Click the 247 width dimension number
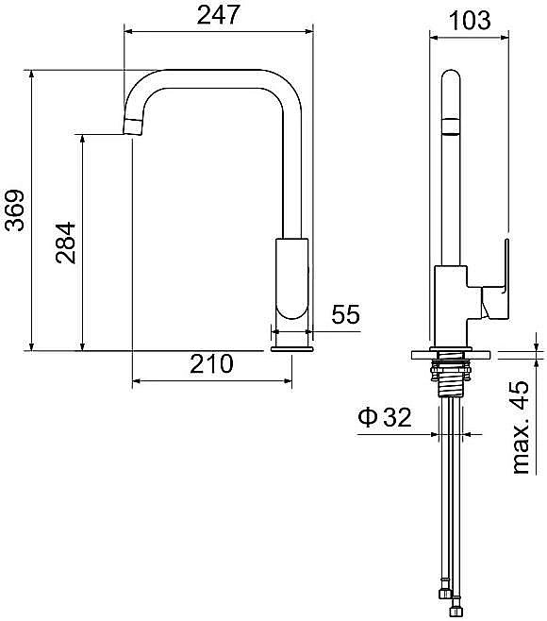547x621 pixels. click(218, 15)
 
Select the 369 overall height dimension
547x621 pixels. click(15, 210)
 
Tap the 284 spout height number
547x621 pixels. click(66, 243)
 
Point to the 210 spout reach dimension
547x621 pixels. click(211, 363)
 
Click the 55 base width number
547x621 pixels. click(345, 314)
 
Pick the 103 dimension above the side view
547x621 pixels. click(470, 20)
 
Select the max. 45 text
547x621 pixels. click(521, 428)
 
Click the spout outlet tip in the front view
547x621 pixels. click(132, 127)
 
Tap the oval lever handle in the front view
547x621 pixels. click(292, 278)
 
